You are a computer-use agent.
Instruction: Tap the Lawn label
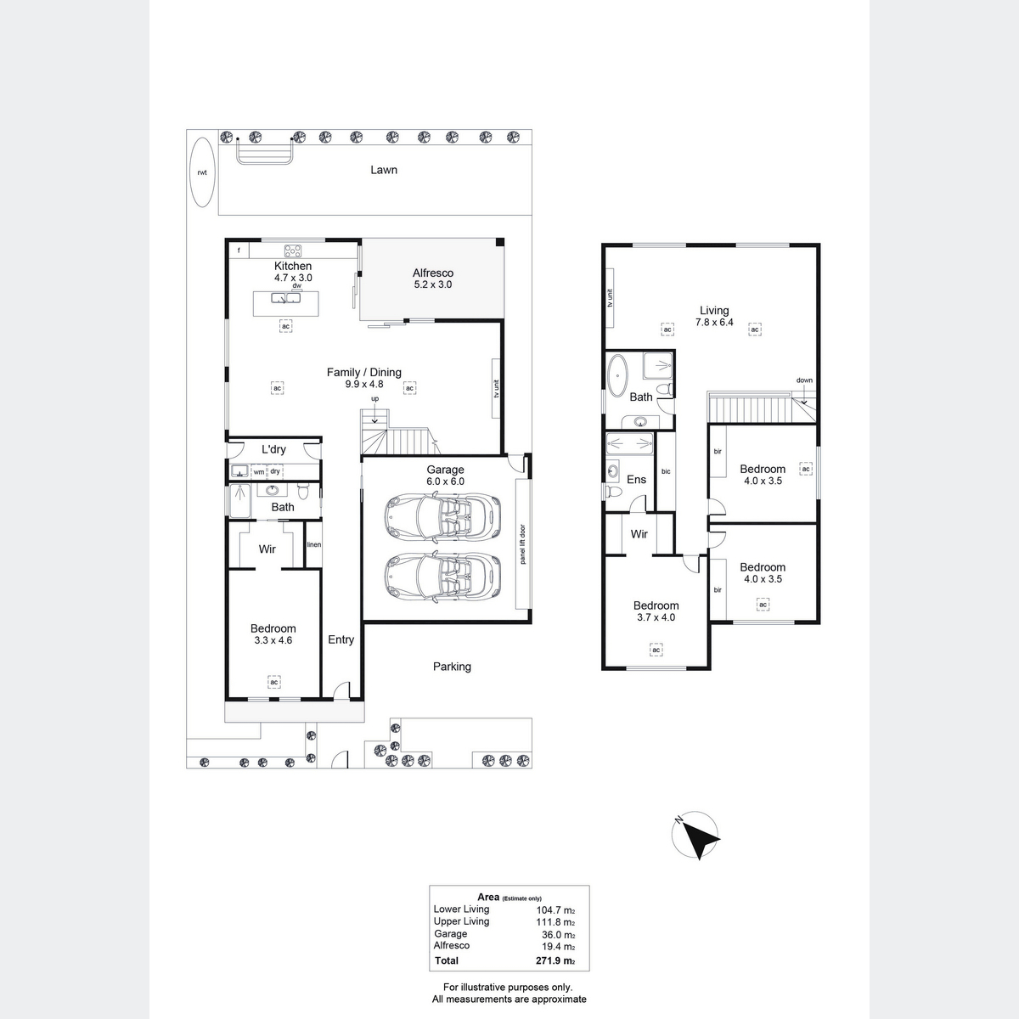pos(383,170)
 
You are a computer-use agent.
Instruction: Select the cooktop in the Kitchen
pos(293,251)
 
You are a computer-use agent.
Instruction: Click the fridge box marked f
pos(239,251)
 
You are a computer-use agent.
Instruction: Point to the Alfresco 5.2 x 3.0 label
pos(432,279)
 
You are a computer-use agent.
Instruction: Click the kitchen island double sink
pos(285,298)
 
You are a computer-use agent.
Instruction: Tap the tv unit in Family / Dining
pos(496,388)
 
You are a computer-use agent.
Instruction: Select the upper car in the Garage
pos(442,516)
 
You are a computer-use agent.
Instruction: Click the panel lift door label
pos(522,544)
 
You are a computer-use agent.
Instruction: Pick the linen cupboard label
pos(314,544)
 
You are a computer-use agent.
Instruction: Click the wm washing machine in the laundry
pos(259,471)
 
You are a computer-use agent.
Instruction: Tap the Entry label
pos(341,639)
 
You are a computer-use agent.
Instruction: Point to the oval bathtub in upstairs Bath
pos(617,375)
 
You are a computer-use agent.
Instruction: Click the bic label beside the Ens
pos(666,471)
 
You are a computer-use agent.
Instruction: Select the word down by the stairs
pos(804,380)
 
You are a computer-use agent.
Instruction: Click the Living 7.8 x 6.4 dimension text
pos(714,322)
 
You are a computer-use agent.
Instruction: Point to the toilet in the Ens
pos(613,493)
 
